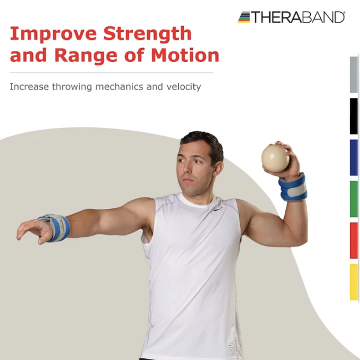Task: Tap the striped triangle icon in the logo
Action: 244,17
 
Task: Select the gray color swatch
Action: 354,74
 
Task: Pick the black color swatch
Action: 354,116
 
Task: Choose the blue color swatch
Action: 354,157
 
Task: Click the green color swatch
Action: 354,199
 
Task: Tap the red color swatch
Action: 354,240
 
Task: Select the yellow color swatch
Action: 354,282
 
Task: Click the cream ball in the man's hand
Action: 275,157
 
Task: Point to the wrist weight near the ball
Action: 293,187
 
